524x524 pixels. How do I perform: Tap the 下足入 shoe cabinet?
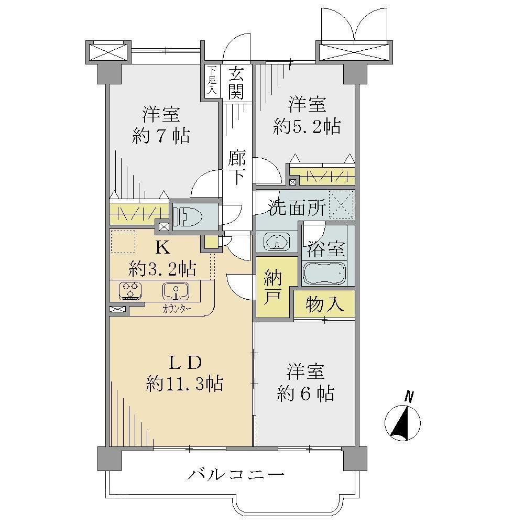tap(212, 81)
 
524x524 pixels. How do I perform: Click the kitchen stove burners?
tap(131, 290)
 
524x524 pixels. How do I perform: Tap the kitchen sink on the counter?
tap(176, 291)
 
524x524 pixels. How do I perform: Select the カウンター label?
tap(177, 309)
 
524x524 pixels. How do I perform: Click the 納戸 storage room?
tap(272, 287)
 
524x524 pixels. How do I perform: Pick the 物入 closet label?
tap(324, 304)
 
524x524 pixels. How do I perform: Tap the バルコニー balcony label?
tap(236, 474)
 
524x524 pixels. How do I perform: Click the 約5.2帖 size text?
tap(307, 127)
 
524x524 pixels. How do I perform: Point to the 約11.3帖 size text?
tap(184, 384)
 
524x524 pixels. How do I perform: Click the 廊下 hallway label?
tap(237, 168)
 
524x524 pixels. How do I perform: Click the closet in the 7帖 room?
tap(139, 213)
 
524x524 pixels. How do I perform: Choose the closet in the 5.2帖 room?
tap(322, 176)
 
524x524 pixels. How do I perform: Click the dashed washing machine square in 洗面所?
tap(341, 205)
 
